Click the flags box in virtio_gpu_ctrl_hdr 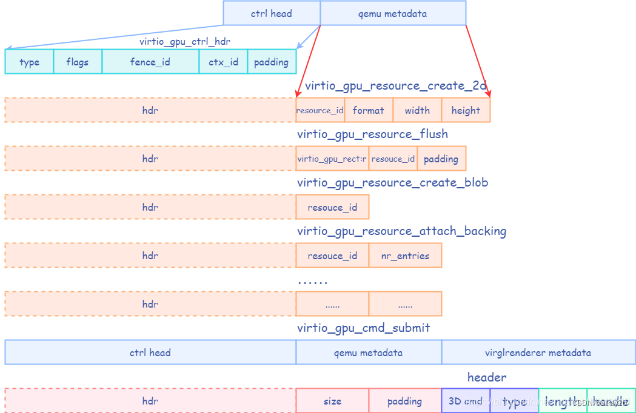(x=78, y=62)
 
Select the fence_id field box (x=150, y=62)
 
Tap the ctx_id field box (x=223, y=62)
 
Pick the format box (x=369, y=110)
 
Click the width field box (x=417, y=110)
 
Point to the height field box (x=466, y=110)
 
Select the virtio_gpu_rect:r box (x=332, y=159)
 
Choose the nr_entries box (x=405, y=256)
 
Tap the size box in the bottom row (x=332, y=401)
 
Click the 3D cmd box (x=466, y=401)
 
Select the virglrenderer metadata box (x=538, y=352)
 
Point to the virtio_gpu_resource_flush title (x=372, y=134)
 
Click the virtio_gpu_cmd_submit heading (x=363, y=328)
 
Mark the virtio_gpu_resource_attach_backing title (x=401, y=231)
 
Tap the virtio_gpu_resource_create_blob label (x=392, y=182)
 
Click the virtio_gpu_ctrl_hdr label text (x=184, y=41)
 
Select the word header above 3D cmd (x=486, y=377)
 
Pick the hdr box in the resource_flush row (x=150, y=159)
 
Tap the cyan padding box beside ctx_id (x=272, y=62)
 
